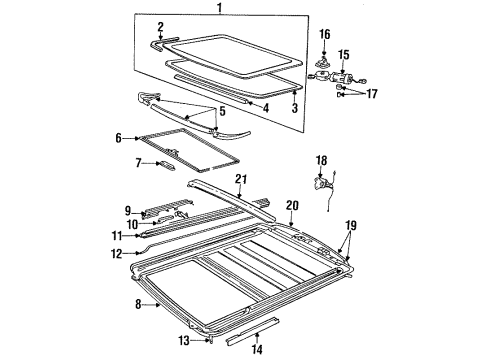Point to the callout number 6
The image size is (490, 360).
(x=118, y=138)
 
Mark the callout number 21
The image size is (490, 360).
(x=240, y=178)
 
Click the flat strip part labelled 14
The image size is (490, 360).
(x=243, y=326)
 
